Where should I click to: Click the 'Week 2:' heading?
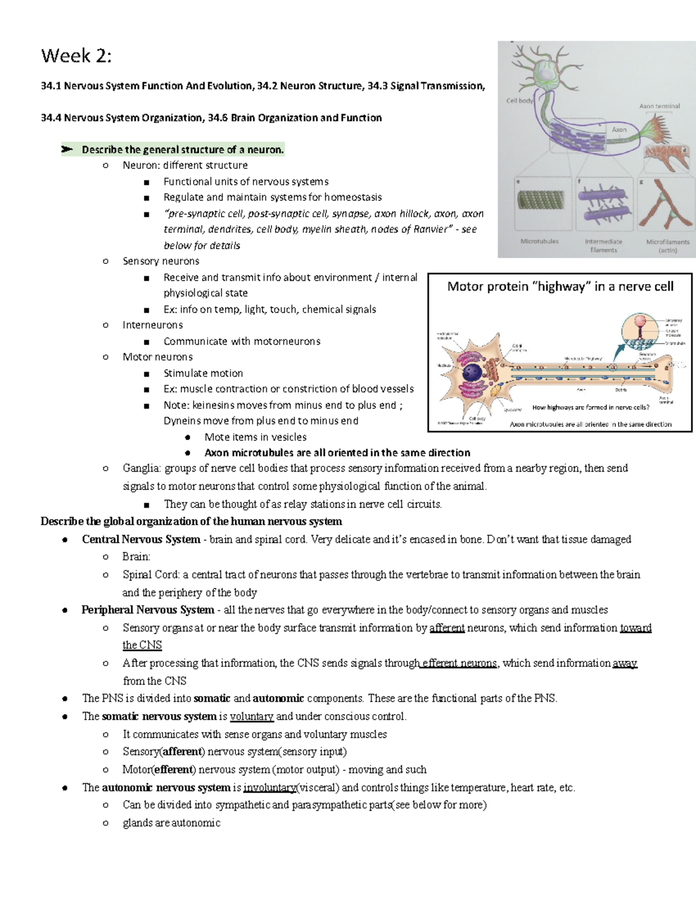[76, 56]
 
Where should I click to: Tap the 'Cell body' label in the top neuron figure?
[520, 100]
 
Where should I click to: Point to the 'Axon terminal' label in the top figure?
[659, 106]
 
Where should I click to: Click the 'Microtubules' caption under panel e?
[539, 241]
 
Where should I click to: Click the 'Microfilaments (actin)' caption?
[668, 246]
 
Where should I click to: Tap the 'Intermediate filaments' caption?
[603, 245]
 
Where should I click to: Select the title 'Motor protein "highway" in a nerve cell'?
[560, 286]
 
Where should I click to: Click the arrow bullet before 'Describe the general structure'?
[67, 150]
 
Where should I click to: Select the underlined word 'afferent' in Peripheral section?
[447, 628]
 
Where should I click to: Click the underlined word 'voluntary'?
[251, 717]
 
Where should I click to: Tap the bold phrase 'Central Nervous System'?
[141, 539]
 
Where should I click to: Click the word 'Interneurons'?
[153, 325]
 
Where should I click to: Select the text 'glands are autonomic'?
[171, 823]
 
